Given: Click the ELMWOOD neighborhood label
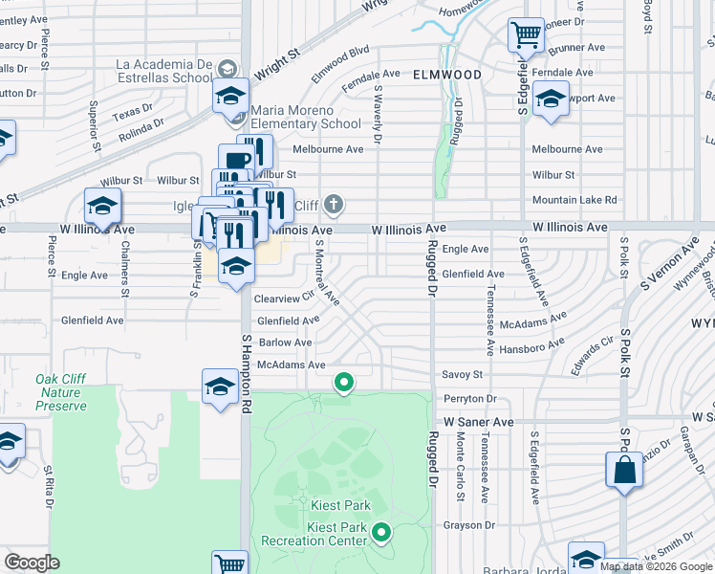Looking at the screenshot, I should (447, 74).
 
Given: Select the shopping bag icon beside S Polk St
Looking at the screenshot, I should (624, 471).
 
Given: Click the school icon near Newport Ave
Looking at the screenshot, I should (550, 99).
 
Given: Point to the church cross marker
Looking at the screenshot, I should (333, 204).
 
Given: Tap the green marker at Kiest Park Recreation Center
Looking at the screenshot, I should (381, 532).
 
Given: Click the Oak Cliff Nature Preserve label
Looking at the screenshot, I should (61, 392).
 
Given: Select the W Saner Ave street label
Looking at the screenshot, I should (479, 421).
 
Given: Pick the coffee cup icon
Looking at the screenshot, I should (235, 161).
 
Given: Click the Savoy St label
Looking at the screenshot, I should (462, 375).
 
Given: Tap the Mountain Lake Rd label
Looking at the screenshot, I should (574, 200).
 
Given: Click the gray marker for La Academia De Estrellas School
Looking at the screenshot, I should (227, 70).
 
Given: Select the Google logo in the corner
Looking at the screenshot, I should (32, 563).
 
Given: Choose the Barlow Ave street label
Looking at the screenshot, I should (284, 342).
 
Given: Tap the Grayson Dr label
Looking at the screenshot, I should (468, 525).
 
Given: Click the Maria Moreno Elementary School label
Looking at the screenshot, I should (306, 118).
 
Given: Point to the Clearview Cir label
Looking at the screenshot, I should (285, 298).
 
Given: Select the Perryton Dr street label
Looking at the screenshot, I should (469, 398).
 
